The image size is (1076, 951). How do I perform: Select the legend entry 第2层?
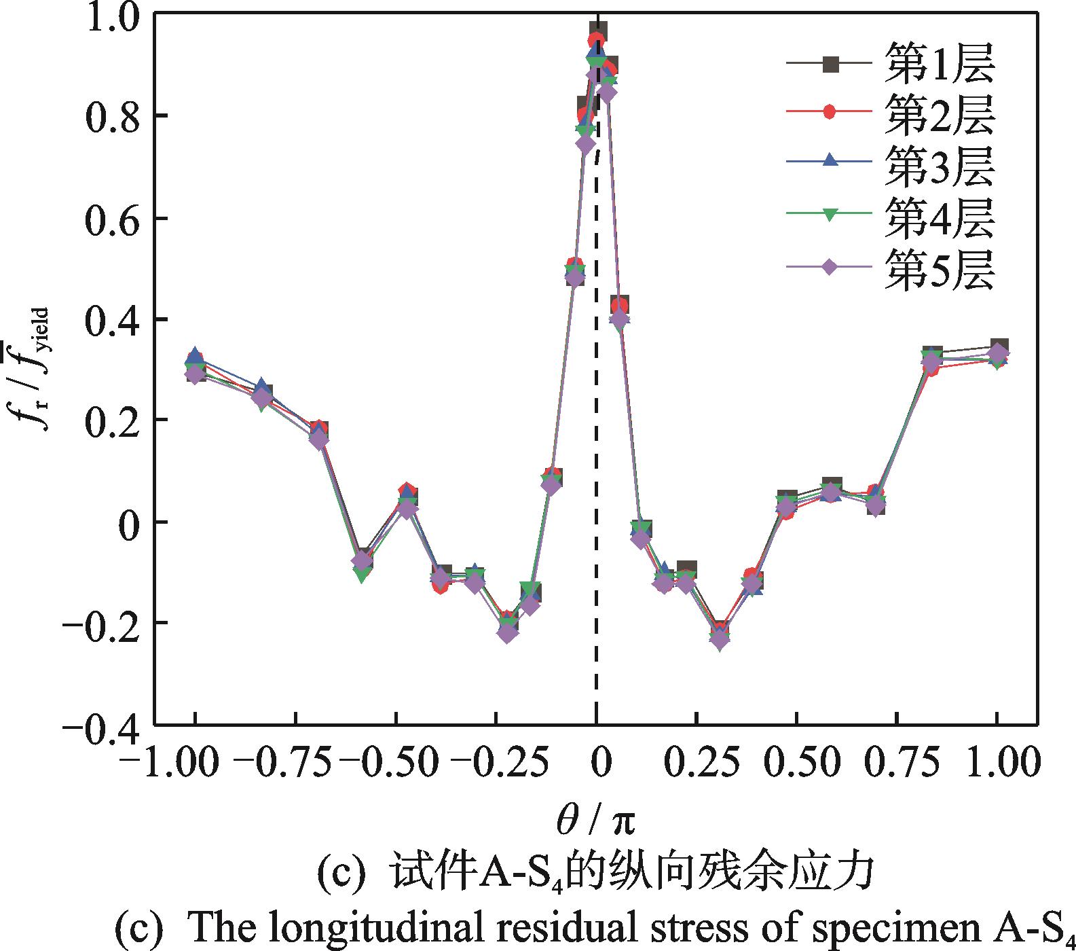[x=939, y=115]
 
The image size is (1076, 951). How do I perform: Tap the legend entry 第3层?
[x=939, y=167]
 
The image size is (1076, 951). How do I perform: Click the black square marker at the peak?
[x=598, y=31]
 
